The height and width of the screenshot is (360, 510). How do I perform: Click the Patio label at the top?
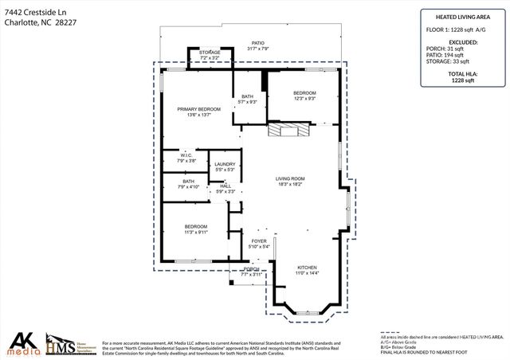coord(257,45)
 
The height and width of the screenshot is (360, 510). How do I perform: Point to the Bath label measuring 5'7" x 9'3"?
coord(248,99)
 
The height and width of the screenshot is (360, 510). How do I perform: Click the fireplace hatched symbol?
coord(284,131)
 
